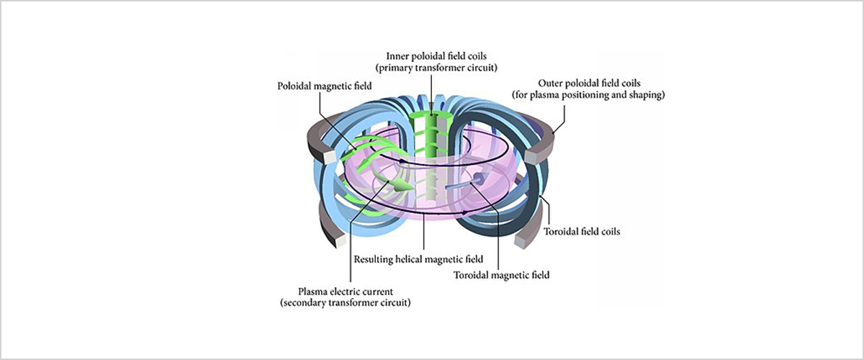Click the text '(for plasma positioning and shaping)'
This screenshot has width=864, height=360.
[587, 94]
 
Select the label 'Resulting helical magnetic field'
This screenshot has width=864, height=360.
[418, 258]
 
